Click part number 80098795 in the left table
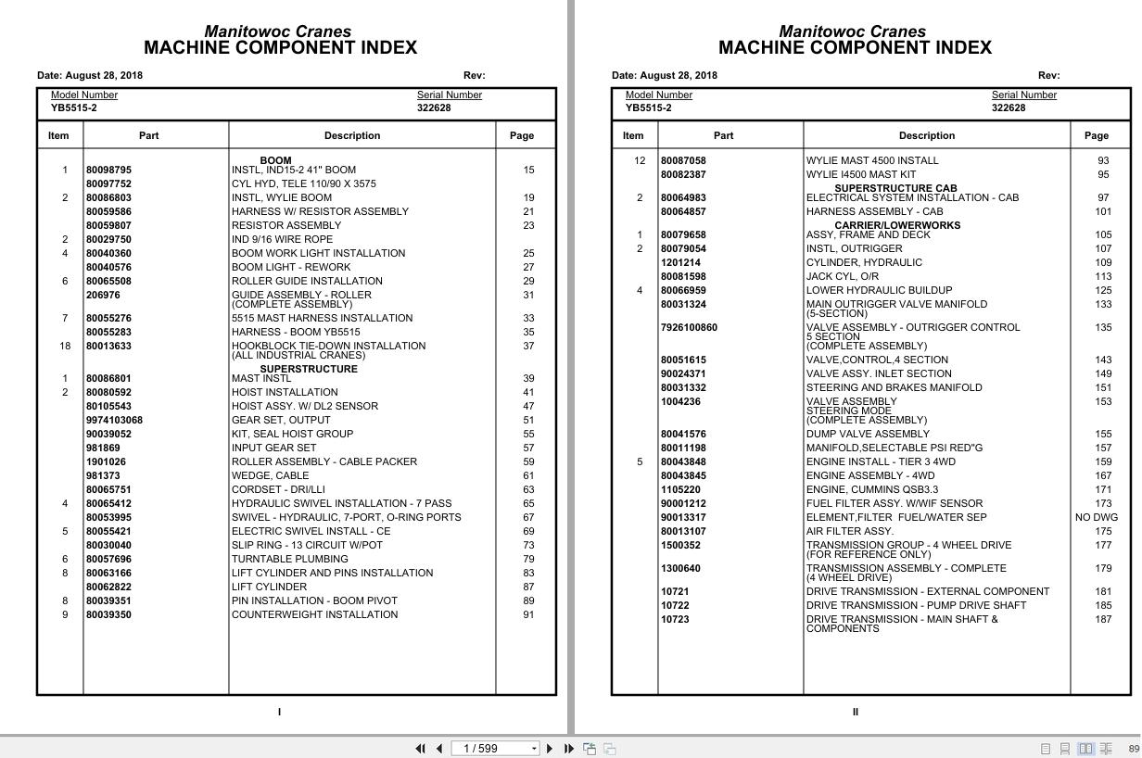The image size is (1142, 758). [108, 171]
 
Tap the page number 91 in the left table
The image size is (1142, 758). [528, 615]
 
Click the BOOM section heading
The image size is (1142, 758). [275, 160]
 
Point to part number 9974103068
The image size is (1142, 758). [114, 421]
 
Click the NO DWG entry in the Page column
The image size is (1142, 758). [1097, 518]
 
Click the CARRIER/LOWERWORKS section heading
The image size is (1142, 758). [897, 225]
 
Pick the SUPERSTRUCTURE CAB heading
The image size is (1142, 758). [895, 188]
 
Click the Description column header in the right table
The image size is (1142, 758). [927, 136]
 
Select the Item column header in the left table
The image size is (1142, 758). [58, 136]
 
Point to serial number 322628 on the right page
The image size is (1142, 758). [1009, 108]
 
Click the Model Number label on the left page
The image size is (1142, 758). [84, 95]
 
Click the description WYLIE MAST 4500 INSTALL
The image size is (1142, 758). [872, 161]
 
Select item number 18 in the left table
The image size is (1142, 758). [65, 347]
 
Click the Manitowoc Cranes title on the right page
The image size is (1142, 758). [852, 32]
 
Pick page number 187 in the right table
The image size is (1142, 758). [1103, 620]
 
